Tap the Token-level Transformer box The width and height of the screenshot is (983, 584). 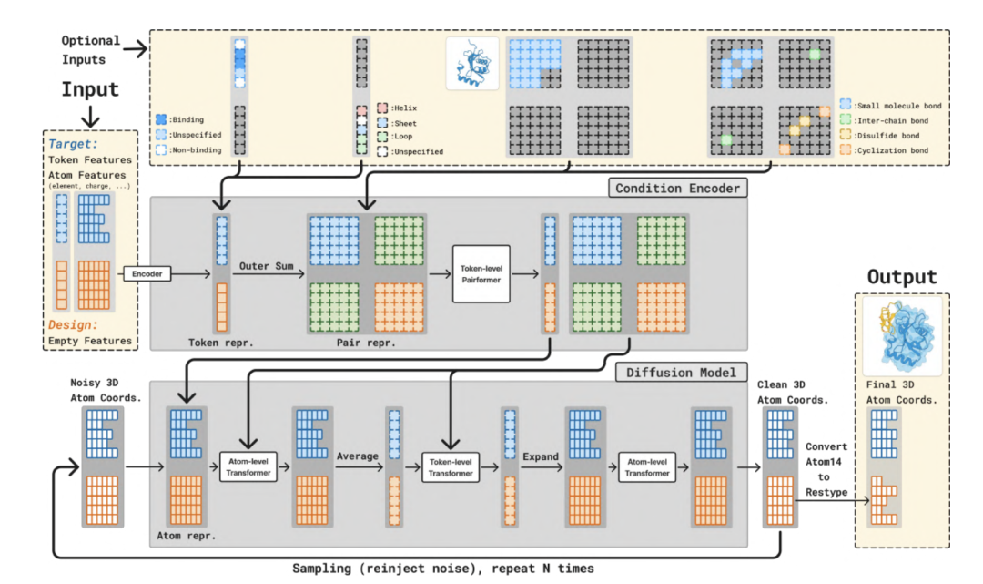[x=451, y=467]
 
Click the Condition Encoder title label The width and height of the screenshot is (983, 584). [x=678, y=189]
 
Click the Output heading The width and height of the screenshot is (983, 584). [x=902, y=276]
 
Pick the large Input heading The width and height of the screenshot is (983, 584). [x=90, y=89]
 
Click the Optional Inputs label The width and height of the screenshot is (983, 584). [x=91, y=49]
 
